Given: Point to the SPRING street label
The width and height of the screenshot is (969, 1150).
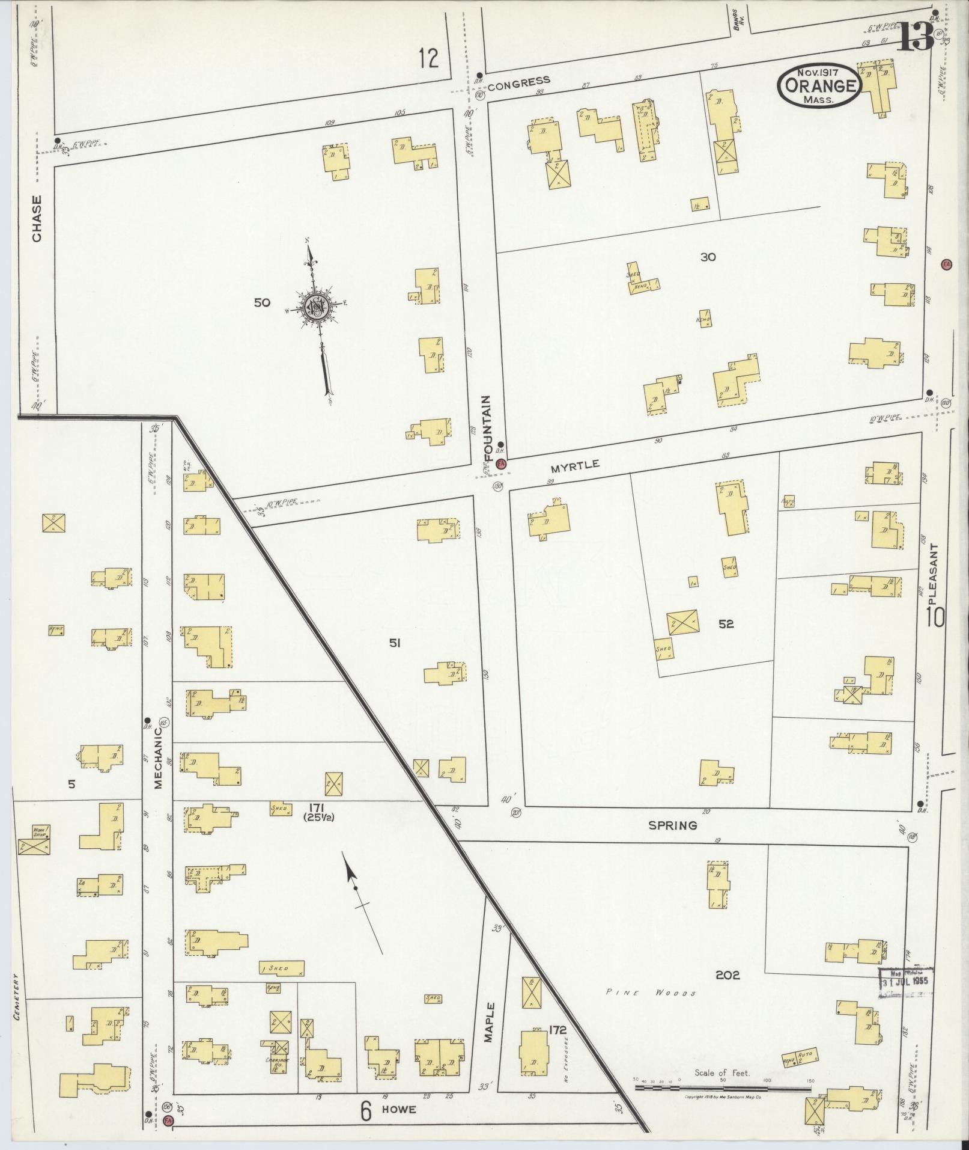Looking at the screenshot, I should tap(672, 825).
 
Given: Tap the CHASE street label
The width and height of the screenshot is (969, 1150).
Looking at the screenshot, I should tap(37, 219).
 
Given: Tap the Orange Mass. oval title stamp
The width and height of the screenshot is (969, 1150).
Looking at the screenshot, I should tap(819, 85).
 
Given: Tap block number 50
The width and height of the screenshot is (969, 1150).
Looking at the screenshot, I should tap(262, 302).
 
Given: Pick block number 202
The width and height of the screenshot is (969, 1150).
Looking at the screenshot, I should tap(728, 975).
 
